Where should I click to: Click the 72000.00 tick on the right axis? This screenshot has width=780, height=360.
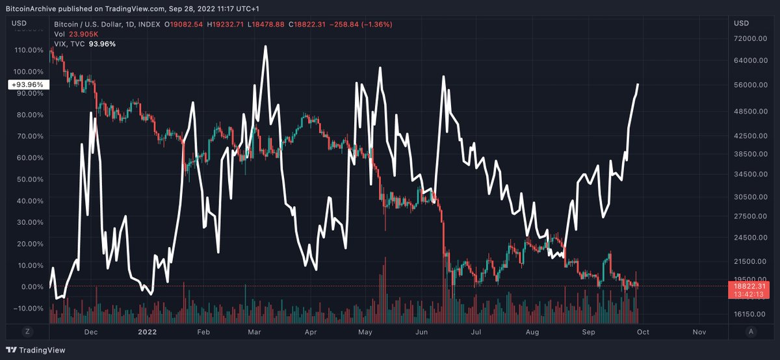point(750,38)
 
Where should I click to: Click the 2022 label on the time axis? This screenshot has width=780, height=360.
point(147,331)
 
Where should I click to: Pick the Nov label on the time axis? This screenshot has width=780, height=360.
point(699,331)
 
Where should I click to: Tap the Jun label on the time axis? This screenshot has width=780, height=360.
point(421,331)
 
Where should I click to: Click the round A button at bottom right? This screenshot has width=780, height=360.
point(751,331)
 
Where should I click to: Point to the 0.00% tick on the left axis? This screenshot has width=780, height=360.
point(32,287)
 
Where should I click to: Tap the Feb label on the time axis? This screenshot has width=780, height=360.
point(203,331)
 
